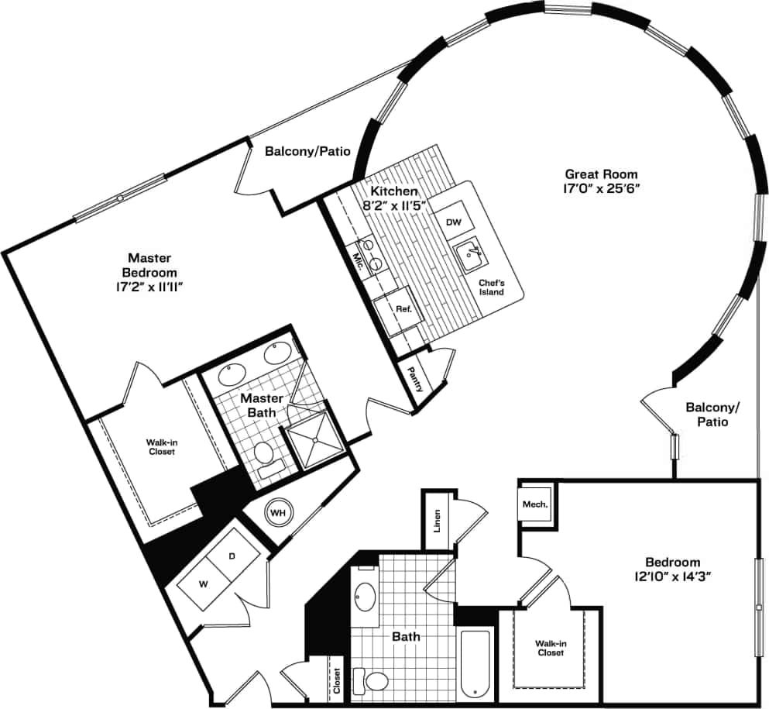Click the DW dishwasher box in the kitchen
pos(454,222)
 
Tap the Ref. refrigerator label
pos(403,308)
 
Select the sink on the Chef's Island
pos(470,254)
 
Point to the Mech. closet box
pos(534,504)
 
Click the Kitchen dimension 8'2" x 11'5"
pos(393,205)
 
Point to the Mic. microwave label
pos(359,260)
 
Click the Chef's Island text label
pos(491,287)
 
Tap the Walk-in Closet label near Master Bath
pos(160,446)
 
